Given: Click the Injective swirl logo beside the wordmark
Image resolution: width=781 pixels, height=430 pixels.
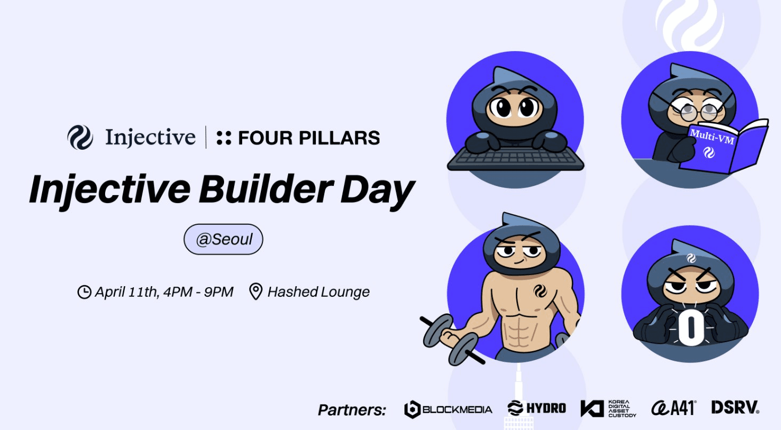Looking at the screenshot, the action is coord(80,137).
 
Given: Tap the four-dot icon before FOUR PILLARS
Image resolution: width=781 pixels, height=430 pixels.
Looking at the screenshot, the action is coord(224,137).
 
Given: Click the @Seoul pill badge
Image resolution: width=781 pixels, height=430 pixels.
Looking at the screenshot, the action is coord(224,239).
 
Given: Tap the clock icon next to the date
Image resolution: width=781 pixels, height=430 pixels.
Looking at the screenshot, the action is coord(84,292).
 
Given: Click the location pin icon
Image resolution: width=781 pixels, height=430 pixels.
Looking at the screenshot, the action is coord(256,291).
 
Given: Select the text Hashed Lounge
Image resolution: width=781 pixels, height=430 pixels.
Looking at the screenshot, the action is coord(318,292).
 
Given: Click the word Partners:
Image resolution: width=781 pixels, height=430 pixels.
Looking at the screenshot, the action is coord(352,410).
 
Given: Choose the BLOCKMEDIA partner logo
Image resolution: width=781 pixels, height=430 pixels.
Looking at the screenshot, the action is coord(448,409).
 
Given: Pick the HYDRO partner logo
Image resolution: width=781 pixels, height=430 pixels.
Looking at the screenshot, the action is coord(537,408).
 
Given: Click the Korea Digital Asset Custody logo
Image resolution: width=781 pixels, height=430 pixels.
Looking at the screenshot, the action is coord(608,408).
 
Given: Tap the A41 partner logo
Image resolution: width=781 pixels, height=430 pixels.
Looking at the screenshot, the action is coord(674,408).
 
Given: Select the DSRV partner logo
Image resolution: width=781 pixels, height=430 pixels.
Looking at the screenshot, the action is coord(735,407).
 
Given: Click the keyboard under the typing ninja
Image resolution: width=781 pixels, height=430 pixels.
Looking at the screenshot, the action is coord(515,159).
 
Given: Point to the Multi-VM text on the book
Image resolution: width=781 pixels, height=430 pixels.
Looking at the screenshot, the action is coord(712,137).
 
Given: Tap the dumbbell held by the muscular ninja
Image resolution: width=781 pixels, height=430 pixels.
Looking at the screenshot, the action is coord(450,340).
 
